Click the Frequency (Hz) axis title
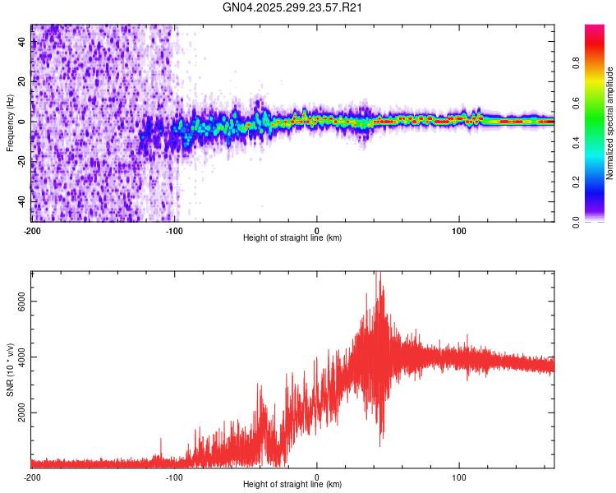10,123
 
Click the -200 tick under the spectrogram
31,229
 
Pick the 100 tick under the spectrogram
460,229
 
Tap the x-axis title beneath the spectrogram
292,238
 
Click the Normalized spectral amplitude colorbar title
610,123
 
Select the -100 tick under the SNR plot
174,477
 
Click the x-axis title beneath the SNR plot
292,485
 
